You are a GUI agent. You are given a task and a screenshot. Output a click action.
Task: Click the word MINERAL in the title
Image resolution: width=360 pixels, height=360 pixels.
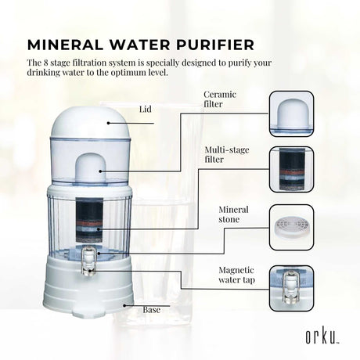click(x=65, y=45)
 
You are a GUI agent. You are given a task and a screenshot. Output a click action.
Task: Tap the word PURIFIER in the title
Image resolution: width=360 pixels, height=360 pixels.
click(x=215, y=45)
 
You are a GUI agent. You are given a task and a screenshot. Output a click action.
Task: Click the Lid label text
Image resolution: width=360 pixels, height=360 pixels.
click(x=145, y=109)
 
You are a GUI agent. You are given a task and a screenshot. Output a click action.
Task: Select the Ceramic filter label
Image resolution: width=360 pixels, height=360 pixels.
click(x=220, y=99)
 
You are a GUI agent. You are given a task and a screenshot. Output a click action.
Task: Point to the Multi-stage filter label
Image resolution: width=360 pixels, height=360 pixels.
click(x=227, y=154)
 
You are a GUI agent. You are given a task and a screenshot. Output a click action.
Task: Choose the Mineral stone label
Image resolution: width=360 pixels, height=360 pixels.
click(x=233, y=214)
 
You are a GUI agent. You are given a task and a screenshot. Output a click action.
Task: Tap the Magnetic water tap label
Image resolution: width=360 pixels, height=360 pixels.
click(x=236, y=275)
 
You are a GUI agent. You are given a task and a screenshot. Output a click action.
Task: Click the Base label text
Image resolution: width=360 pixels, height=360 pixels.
click(x=151, y=310)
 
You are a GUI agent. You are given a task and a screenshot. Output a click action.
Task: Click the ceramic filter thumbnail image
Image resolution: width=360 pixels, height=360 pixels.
click(x=291, y=113)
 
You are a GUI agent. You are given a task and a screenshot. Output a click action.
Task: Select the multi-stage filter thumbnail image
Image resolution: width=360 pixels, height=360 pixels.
click(x=291, y=169)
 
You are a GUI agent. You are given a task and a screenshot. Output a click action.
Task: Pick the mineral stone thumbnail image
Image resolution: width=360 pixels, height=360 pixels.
click(x=291, y=228)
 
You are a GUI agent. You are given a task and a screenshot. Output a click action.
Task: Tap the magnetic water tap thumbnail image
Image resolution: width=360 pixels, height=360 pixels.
click(x=291, y=288)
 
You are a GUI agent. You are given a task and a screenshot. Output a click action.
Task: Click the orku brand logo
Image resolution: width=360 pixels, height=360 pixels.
click(x=322, y=337)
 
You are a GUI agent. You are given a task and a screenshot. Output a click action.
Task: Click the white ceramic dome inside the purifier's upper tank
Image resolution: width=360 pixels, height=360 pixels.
click(x=92, y=167)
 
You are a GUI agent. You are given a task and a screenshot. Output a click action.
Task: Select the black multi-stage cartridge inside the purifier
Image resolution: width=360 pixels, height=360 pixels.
click(x=89, y=220)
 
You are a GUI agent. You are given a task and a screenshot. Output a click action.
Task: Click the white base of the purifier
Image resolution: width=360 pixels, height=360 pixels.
click(x=88, y=286)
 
